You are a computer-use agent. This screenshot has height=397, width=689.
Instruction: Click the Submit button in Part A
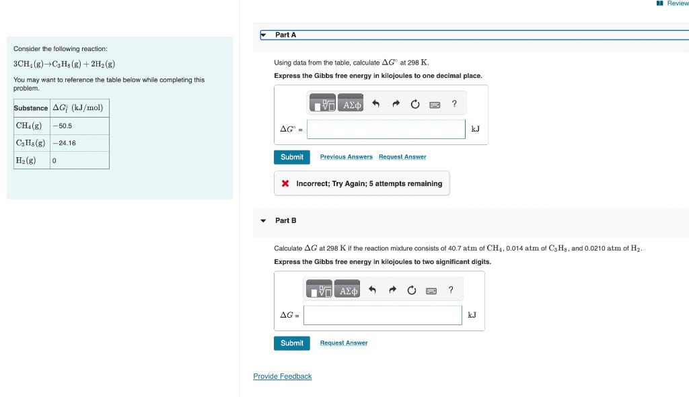pyautogui.click(x=292, y=157)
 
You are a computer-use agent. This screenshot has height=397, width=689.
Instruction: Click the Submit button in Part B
pyautogui.click(x=292, y=343)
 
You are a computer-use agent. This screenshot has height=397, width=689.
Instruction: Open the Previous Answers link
pyautogui.click(x=346, y=157)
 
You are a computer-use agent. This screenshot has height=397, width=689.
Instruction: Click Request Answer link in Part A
pyautogui.click(x=402, y=157)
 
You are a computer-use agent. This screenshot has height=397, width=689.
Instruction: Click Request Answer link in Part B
pyautogui.click(x=344, y=343)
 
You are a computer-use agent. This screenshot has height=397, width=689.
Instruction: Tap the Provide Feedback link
pyautogui.click(x=283, y=377)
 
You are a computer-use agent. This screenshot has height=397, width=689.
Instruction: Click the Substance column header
pyautogui.click(x=31, y=108)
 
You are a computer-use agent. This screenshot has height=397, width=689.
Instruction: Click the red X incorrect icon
pyautogui.click(x=285, y=183)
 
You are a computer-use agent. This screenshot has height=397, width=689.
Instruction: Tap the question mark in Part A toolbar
pyautogui.click(x=454, y=103)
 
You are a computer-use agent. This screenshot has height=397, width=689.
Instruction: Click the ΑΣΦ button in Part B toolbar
pyautogui.click(x=349, y=291)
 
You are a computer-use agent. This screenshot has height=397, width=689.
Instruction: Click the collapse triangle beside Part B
pyautogui.click(x=263, y=221)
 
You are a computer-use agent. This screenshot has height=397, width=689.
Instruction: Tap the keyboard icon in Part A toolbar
pyautogui.click(x=435, y=105)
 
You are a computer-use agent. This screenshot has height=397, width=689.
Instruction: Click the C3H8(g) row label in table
pyautogui.click(x=31, y=143)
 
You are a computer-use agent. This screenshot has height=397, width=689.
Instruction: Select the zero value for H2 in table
pyautogui.click(x=54, y=161)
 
